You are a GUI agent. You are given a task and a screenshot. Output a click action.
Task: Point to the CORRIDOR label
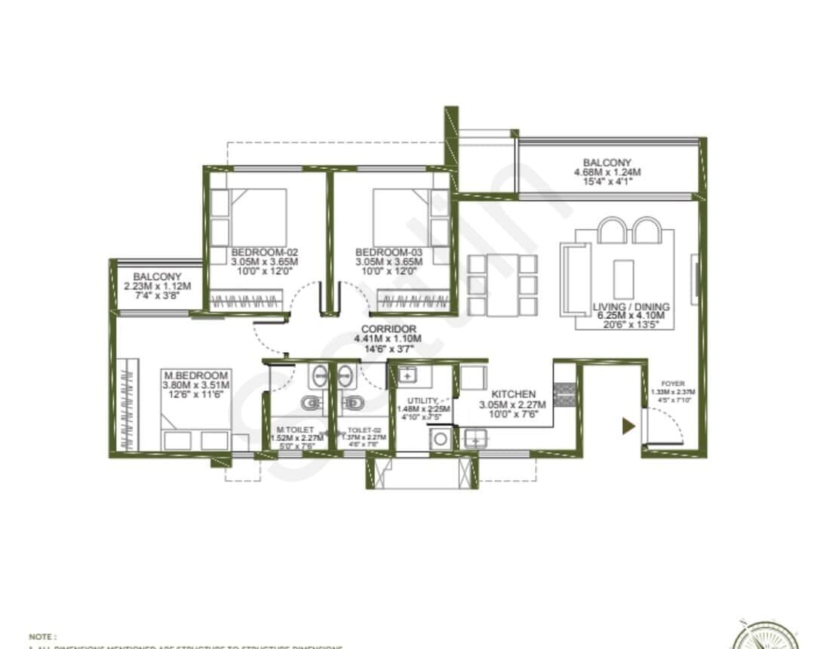click(389, 329)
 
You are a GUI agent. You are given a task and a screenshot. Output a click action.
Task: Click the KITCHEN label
click(513, 394)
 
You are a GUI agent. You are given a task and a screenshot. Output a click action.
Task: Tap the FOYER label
click(673, 384)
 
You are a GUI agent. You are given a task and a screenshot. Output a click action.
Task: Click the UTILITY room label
click(422, 400)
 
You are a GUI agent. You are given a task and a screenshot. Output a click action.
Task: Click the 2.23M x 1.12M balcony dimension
click(158, 286)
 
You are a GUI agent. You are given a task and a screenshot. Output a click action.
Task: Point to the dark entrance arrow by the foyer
click(626, 427)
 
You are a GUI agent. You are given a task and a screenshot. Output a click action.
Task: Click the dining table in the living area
click(502, 285)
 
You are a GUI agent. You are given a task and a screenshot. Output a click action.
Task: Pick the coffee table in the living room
click(622, 279)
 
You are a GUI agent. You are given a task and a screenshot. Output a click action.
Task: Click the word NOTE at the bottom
click(42, 637)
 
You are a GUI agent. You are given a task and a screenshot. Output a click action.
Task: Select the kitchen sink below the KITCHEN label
click(475, 438)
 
